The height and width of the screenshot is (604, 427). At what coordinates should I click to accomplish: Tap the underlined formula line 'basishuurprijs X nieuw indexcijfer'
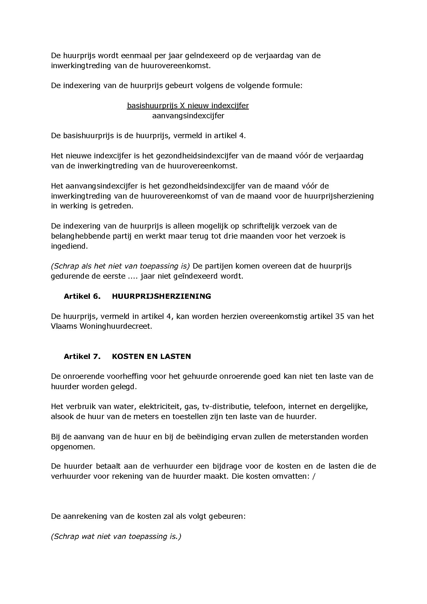point(188,106)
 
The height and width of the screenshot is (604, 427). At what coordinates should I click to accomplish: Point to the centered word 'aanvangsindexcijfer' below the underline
point(188,116)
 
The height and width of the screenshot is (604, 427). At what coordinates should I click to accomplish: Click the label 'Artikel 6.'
point(82,296)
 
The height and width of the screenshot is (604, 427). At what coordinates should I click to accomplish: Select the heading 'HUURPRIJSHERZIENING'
point(161,296)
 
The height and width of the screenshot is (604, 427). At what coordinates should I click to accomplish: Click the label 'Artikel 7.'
point(82,356)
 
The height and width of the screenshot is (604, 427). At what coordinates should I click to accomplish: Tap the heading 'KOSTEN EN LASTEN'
point(152,356)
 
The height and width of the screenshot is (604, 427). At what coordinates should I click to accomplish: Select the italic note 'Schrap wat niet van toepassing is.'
point(116,537)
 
